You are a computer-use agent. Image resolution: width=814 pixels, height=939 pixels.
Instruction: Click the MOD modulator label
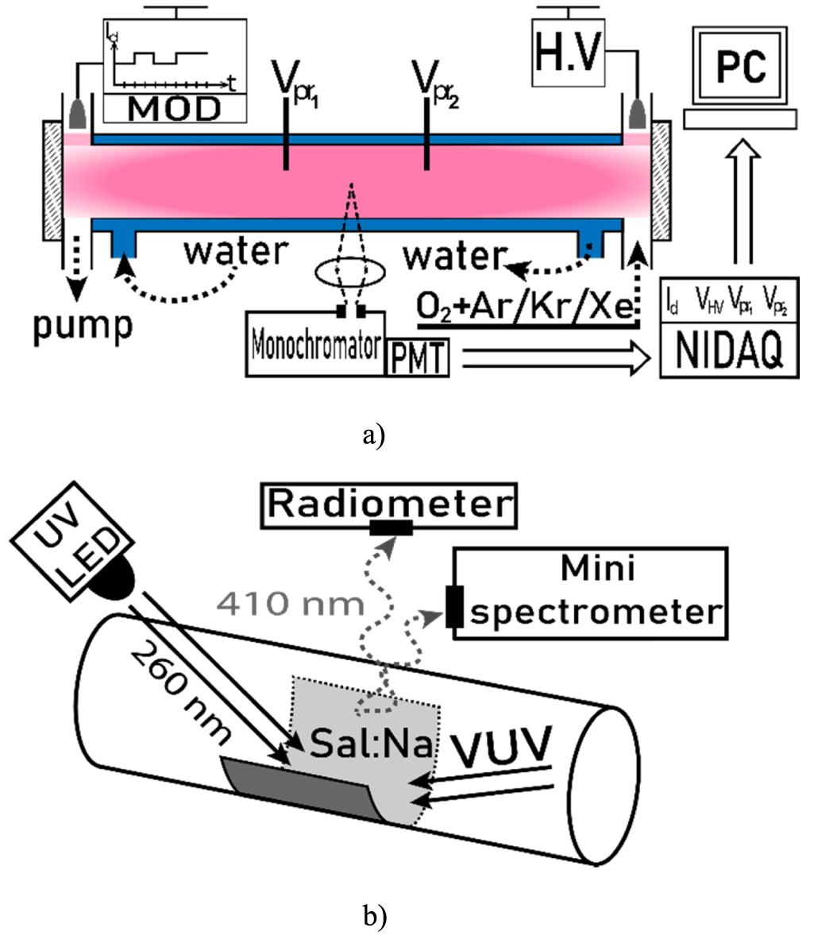tap(174, 109)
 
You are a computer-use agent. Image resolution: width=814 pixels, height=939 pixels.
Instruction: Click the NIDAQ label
tap(729, 350)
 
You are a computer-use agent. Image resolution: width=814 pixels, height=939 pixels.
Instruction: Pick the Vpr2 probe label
tap(437, 82)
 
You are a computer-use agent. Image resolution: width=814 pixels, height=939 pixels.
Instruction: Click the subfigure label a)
tap(373, 436)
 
